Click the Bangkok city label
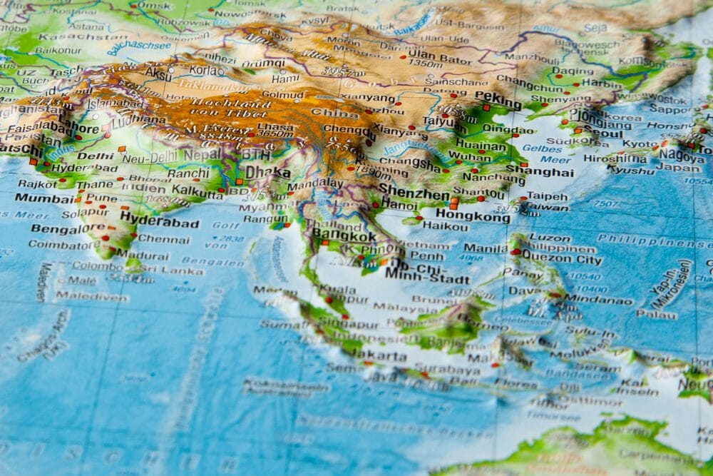[344, 236]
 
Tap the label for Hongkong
[473, 213]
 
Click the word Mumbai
[45, 198]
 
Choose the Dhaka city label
[268, 172]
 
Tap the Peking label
[498, 96]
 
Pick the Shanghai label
[540, 171]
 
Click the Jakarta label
[379, 355]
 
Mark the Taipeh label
[548, 196]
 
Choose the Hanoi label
[399, 203]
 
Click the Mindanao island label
[598, 300]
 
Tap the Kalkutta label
[198, 192]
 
